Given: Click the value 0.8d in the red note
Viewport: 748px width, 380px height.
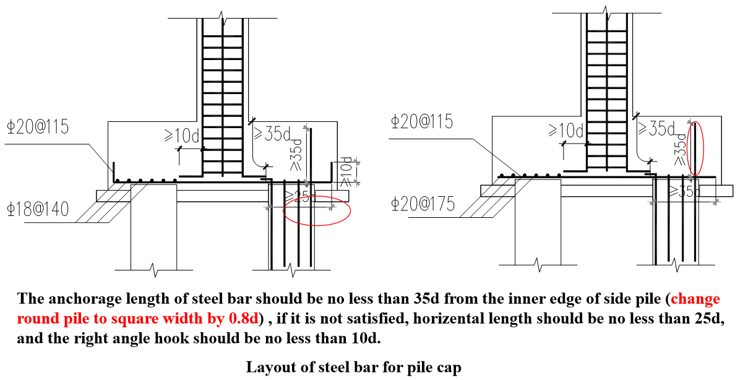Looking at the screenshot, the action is (243, 319).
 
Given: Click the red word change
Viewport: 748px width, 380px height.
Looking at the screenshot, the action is (695, 300).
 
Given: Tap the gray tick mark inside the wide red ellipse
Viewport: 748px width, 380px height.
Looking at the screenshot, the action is (332, 207).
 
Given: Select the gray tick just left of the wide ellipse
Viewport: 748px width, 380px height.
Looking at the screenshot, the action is (269, 207).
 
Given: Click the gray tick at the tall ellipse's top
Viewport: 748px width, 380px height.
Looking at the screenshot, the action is (690, 123).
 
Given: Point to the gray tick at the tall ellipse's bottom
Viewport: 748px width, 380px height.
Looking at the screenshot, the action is (690, 178).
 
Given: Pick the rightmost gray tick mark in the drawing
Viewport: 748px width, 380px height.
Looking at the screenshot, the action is (716, 202).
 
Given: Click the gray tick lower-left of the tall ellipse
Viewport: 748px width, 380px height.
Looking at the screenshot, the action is (652, 202).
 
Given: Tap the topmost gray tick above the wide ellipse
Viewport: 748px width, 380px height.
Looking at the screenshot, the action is (306, 128).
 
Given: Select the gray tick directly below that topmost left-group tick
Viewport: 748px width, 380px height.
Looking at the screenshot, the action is (306, 182).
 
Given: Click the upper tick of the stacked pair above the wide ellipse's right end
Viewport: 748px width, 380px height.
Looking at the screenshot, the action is (356, 162).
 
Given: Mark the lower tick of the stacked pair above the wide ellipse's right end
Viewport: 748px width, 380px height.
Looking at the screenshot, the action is (356, 182).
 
